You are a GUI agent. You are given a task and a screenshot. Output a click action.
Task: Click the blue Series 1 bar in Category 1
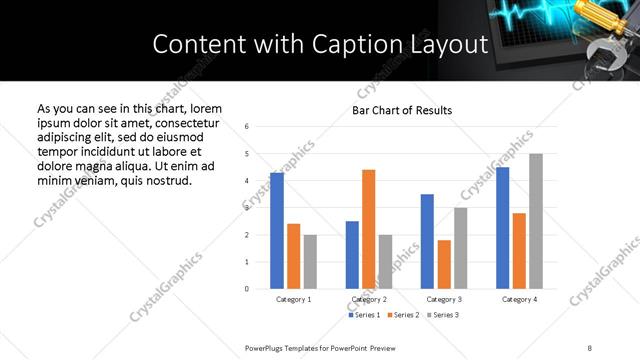[x=277, y=231]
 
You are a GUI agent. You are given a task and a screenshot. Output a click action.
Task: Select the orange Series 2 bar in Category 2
[x=368, y=229]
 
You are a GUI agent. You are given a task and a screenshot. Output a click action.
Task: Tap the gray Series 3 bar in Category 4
[x=536, y=221]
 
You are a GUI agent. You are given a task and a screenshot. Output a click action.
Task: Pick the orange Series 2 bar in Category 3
[x=444, y=264]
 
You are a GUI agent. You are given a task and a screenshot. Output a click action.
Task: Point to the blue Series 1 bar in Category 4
[x=502, y=228]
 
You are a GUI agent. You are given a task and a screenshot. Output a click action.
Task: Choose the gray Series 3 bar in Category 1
[x=310, y=262]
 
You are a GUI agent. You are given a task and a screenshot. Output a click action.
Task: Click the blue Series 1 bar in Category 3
[x=427, y=241]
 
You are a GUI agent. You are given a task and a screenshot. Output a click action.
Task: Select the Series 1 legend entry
[x=365, y=315]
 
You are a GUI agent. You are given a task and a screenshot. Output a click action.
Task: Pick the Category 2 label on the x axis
[x=368, y=299]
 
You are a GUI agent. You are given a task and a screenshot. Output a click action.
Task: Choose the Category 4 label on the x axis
[x=519, y=299]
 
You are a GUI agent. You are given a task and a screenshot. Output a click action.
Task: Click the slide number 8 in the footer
[x=588, y=346]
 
